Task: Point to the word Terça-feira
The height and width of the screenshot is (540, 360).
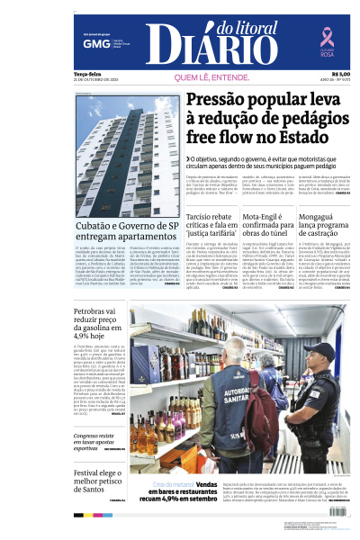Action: pyautogui.click(x=88, y=74)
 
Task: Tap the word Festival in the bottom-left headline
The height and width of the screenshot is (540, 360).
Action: pyautogui.click(x=91, y=472)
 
